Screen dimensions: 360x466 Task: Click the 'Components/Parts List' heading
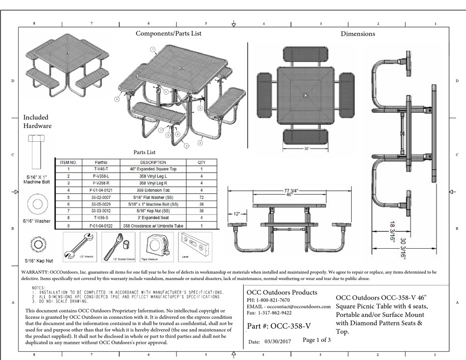pos(168,33)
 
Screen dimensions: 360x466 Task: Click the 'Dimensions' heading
pos(358,34)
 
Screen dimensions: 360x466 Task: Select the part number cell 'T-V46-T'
pos(100,169)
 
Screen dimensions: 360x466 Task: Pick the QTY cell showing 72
pos(201,196)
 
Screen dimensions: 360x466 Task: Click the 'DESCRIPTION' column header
pos(153,162)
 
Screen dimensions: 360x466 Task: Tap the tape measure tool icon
pos(156,247)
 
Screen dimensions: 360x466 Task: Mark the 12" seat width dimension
pos(237,214)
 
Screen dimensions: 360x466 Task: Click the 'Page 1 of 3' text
pos(316,340)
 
